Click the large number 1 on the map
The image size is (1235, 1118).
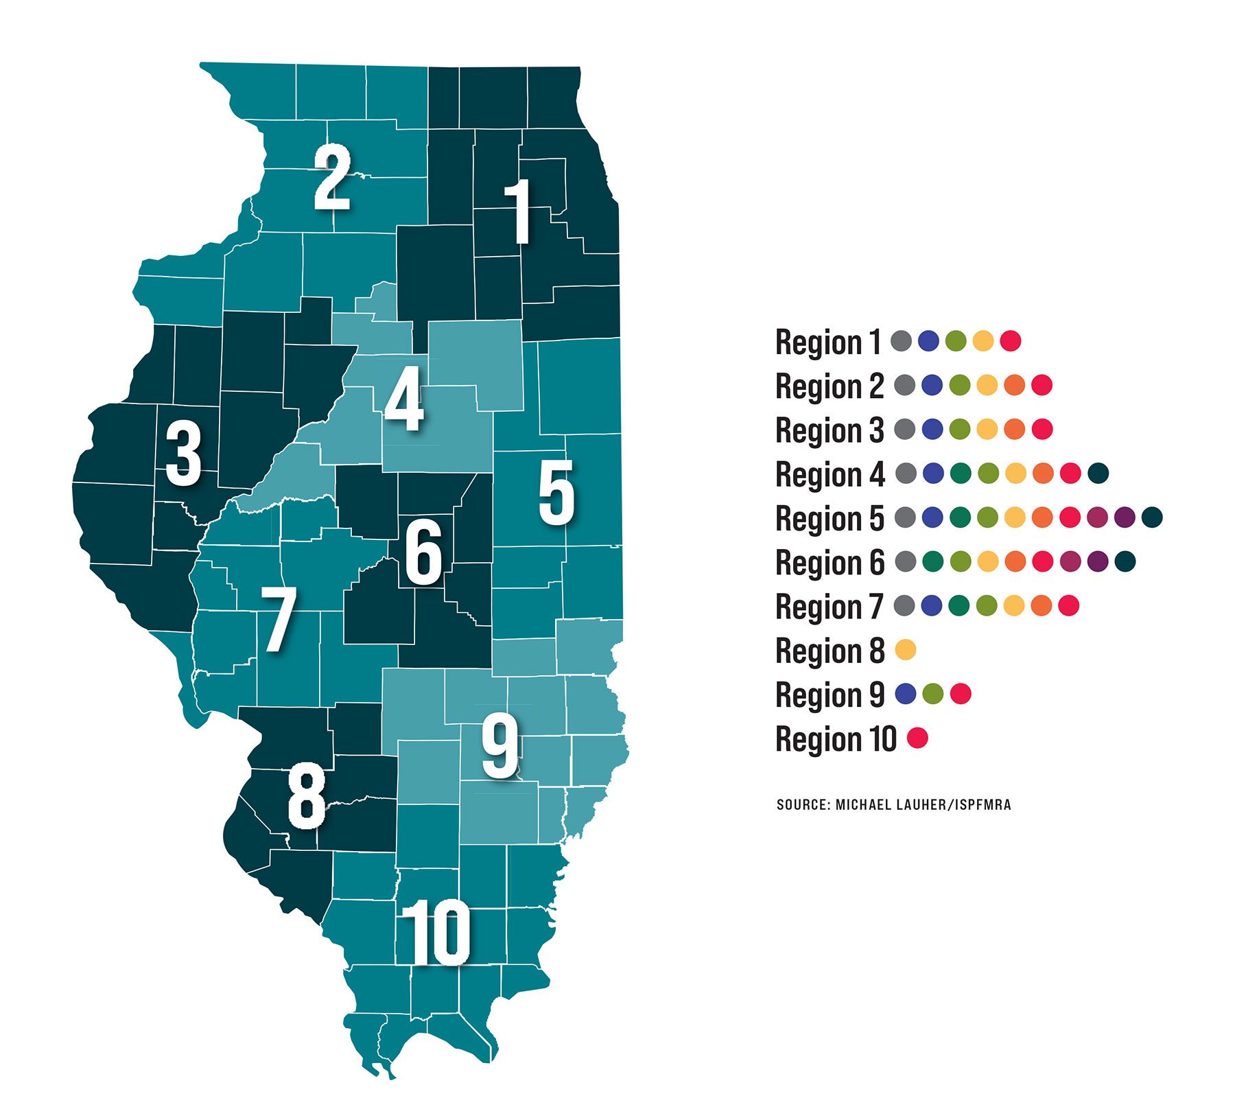519,211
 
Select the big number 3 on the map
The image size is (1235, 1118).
183,454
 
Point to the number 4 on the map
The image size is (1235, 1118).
404,399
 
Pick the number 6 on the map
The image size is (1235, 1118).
423,553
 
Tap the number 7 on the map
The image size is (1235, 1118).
278,619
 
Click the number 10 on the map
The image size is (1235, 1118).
436,933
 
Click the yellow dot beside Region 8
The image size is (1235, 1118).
906,649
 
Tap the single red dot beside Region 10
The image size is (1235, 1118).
917,738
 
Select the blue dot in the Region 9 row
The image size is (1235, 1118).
906,694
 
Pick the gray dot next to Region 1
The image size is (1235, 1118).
901,340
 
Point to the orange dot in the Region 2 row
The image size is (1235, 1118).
1014,385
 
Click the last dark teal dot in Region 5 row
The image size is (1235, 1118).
1152,517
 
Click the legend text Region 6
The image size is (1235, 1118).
830,562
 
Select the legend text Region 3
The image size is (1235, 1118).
830,430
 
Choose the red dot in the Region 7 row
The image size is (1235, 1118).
1069,605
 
